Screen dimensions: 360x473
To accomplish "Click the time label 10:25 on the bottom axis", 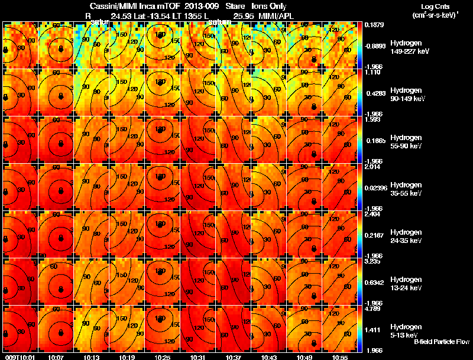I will pos(163,356).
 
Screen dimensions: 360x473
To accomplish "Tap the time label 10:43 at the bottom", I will pos(269,356).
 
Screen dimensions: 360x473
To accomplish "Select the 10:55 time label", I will pos(340,356).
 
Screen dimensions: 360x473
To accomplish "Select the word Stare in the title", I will pos(226,6).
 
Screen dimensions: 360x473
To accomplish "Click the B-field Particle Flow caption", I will pos(441,342).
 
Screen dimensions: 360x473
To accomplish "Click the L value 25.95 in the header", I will pos(243,16).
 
